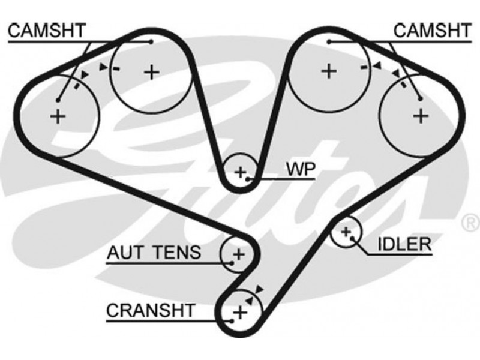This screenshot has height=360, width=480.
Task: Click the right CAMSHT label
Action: point(432,30)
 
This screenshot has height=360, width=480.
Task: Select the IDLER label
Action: point(404,243)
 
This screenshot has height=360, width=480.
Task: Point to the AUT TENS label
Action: point(154,252)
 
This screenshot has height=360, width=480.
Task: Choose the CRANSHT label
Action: point(151,310)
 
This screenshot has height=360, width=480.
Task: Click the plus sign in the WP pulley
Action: point(241,173)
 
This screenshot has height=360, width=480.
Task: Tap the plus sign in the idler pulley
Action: point(346,232)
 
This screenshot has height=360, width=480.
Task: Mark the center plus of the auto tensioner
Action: point(239,254)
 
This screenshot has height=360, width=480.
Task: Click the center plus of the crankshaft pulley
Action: point(240,312)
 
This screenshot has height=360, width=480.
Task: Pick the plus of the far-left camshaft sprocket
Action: point(58,116)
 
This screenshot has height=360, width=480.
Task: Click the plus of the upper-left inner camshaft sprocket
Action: point(152,72)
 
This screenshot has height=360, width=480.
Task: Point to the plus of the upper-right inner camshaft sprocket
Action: point(328,71)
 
